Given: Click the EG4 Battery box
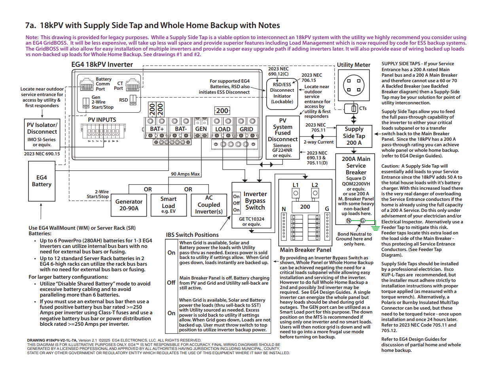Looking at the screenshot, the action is [x=42, y=181].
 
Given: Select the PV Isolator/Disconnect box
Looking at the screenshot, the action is [x=42, y=134].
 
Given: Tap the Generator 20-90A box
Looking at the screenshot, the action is [x=129, y=205].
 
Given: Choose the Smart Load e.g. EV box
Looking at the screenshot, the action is [x=169, y=205].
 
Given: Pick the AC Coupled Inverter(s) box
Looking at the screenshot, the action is [x=209, y=205].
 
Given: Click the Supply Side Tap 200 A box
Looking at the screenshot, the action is [x=354, y=136].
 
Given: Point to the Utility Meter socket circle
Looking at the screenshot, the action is [x=354, y=85].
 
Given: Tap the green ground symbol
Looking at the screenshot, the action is [x=375, y=229].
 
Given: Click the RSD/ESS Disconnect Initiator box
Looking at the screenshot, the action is [x=282, y=94].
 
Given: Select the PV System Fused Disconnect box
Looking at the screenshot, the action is [x=282, y=138].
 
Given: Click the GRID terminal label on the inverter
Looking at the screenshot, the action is [x=246, y=129].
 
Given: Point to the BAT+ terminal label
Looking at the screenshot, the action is [x=157, y=129].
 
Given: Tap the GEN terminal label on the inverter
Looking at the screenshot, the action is [x=201, y=129].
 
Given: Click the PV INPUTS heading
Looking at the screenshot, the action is [x=102, y=120].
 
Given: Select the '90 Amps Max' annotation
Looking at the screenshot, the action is [x=185, y=174].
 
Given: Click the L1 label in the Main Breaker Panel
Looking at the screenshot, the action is [x=296, y=185].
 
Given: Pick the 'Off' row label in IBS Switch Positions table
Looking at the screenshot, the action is [x=171, y=283].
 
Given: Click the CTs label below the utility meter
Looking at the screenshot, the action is [x=363, y=108].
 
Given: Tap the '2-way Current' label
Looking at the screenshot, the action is [x=318, y=142].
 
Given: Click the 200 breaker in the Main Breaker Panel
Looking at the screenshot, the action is [x=305, y=207].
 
